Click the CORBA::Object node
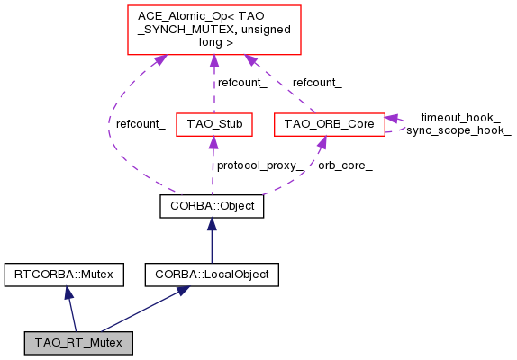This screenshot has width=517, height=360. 212,206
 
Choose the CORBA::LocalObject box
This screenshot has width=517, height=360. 212,273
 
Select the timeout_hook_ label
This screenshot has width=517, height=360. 459,118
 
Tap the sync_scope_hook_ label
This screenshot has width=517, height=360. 458,131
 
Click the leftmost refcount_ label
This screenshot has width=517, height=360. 140,123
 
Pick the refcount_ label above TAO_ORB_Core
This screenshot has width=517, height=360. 316,82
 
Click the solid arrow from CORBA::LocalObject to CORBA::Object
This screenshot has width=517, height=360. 212,239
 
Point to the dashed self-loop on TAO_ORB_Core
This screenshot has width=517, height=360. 397,123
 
